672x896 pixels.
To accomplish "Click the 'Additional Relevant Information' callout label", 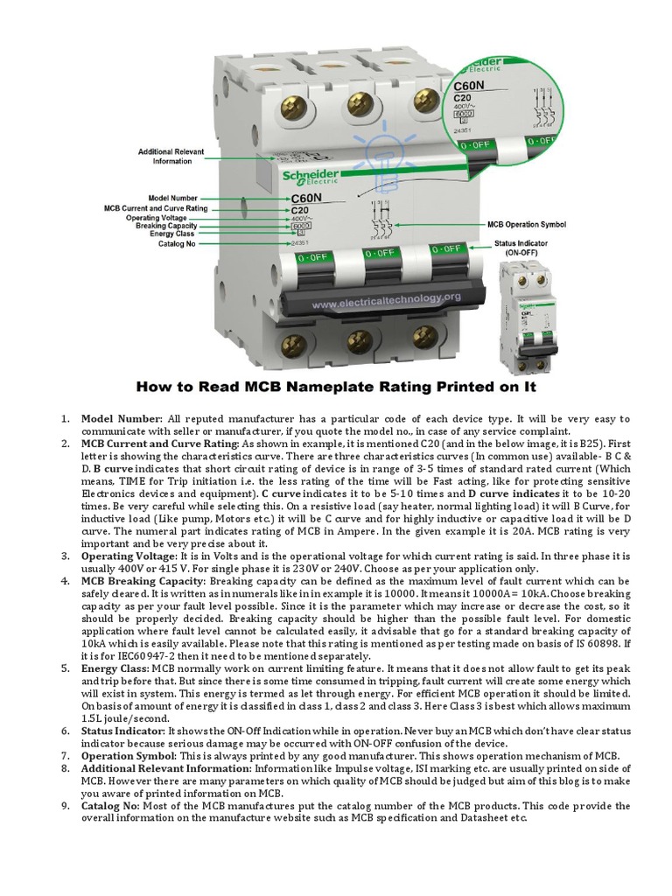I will [171, 157].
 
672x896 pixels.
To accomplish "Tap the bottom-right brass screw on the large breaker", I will [426, 334].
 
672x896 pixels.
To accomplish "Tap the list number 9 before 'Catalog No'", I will [65, 805].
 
